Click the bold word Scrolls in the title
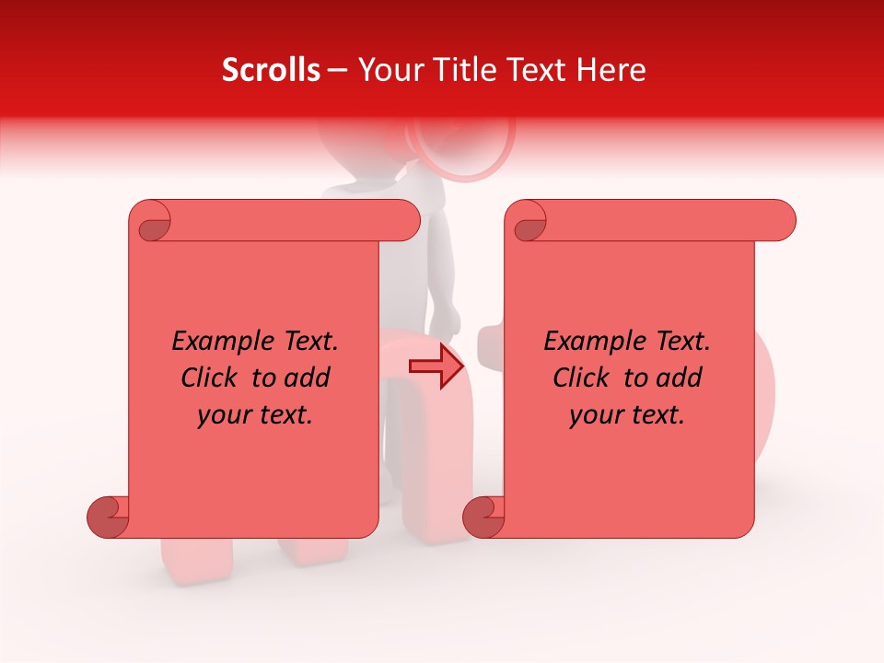point(271,70)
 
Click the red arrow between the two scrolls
point(436,366)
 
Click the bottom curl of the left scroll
point(109,518)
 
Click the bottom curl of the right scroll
point(484,518)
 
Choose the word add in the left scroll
point(309,378)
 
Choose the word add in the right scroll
point(681,378)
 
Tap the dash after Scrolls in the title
point(338,71)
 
